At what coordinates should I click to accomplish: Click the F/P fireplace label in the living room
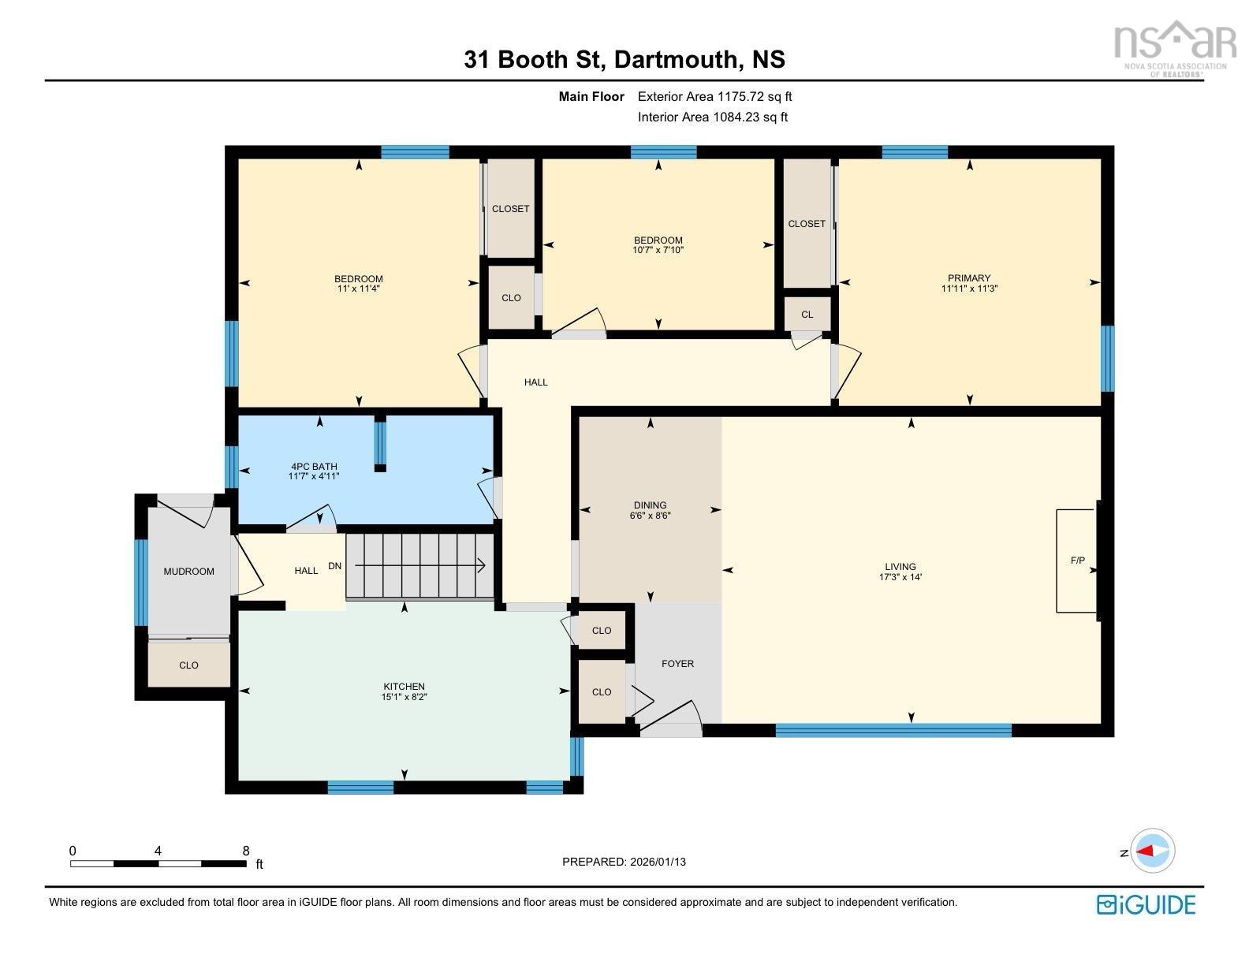(1077, 561)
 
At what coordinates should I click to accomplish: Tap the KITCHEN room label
(405, 687)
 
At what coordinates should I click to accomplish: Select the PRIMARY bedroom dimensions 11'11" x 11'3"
(969, 289)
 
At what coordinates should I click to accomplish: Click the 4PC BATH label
(314, 466)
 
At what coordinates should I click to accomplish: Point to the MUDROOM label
(188, 572)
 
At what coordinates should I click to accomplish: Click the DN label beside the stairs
(335, 566)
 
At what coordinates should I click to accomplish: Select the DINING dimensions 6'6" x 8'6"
(650, 516)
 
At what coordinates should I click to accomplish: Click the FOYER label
(677, 664)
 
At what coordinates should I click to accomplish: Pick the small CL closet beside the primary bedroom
(807, 315)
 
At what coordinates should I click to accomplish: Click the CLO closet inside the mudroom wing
(188, 665)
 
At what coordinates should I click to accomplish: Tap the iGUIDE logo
(1146, 904)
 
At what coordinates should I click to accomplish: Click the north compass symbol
(1153, 851)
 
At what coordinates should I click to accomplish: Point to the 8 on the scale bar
(246, 851)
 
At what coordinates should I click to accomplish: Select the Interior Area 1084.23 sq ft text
(713, 117)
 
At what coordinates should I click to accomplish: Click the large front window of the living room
(893, 730)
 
